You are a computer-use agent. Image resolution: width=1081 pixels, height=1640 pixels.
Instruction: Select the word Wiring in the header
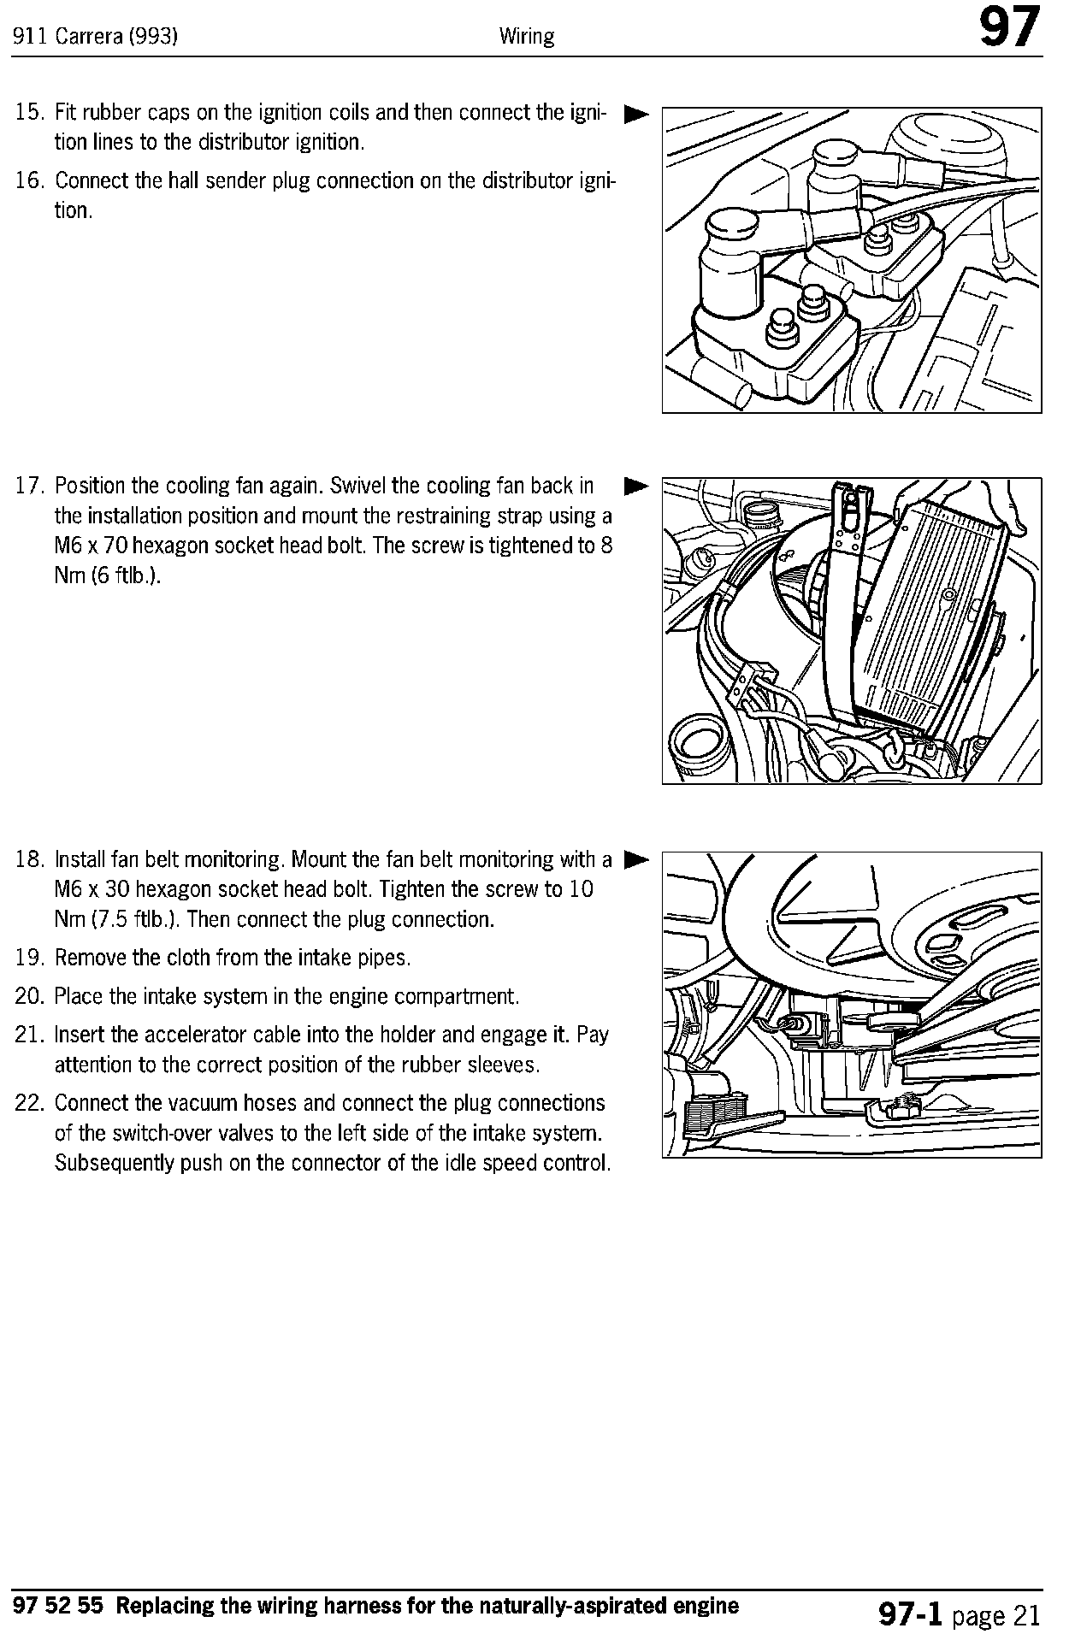point(527,37)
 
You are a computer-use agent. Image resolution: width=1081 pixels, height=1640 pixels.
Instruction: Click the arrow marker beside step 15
point(636,113)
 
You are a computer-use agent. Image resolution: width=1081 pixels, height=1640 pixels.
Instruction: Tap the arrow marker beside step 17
point(636,487)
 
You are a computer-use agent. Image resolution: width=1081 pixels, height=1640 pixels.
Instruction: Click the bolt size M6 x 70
point(98,546)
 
